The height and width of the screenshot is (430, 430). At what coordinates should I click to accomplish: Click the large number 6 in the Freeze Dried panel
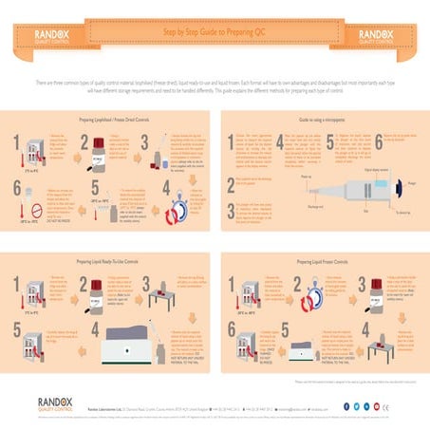(x=20, y=204)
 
